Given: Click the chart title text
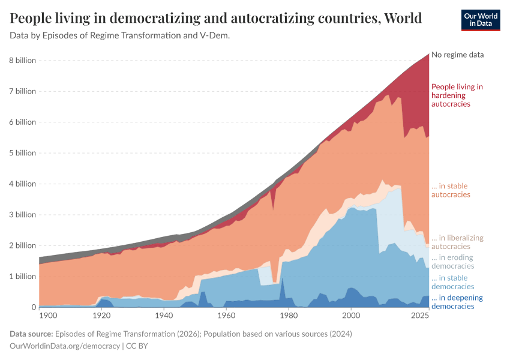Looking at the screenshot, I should (x=215, y=17).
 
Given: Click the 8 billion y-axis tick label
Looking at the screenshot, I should (x=22, y=61).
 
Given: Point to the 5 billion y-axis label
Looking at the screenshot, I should (x=22, y=153).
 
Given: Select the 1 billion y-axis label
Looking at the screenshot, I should (x=22, y=277).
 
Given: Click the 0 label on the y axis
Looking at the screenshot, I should (x=34, y=307).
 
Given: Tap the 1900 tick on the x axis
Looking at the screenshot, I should (x=48, y=316).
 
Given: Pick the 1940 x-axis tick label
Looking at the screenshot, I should (x=164, y=316).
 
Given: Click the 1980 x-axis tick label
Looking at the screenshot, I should (x=288, y=316).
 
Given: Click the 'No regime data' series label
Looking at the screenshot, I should (x=457, y=55).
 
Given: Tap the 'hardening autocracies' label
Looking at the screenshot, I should (x=457, y=95).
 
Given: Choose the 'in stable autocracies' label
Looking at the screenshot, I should (x=451, y=190).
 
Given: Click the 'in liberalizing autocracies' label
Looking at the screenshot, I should (x=457, y=242).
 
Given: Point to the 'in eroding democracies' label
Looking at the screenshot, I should (x=452, y=262).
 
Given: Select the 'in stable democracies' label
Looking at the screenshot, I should (x=452, y=282).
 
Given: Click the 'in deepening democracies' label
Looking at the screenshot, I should (x=457, y=302).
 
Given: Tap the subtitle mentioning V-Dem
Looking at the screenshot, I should (x=120, y=35).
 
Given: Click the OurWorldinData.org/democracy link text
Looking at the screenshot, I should (x=65, y=346).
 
